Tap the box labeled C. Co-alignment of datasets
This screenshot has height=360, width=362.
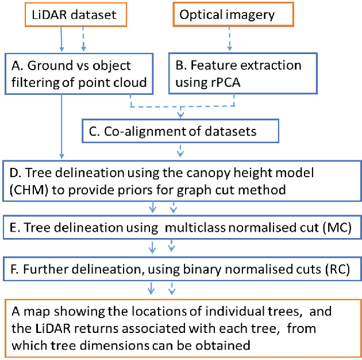click(x=180, y=132)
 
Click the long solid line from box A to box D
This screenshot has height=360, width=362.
click(x=61, y=127)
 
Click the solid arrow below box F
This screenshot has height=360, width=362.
click(x=152, y=288)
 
